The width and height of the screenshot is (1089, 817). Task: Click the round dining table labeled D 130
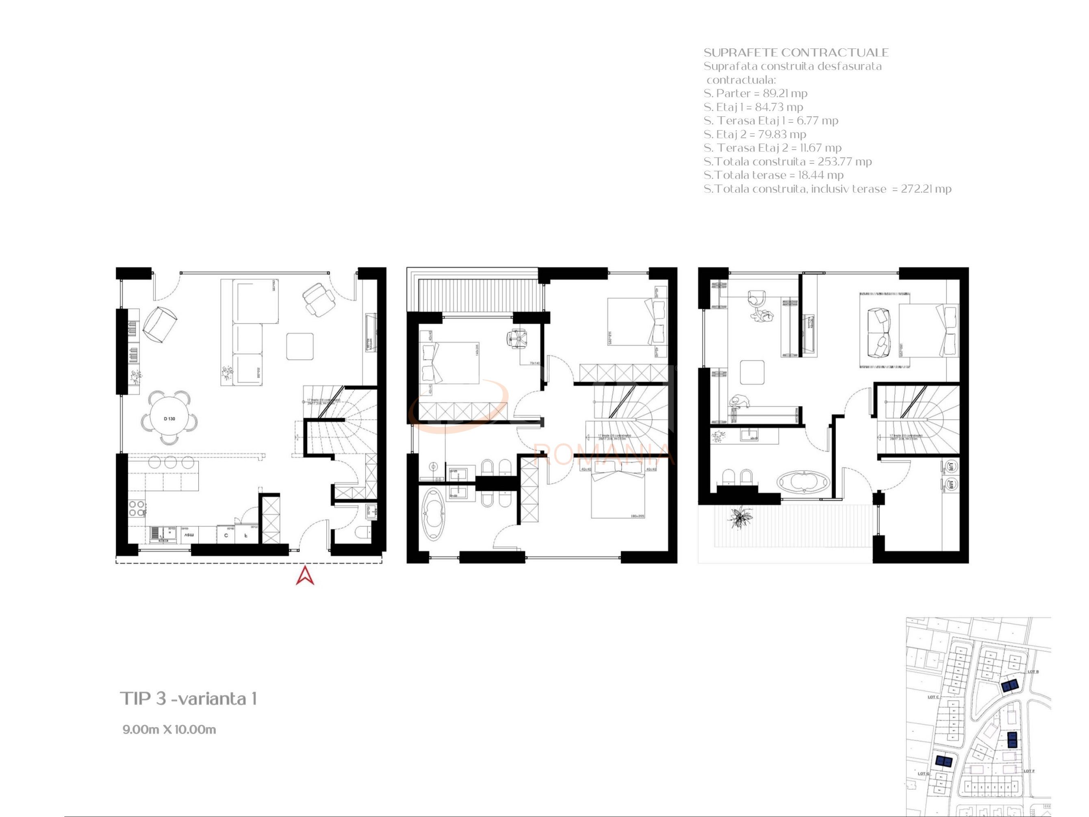coord(169,418)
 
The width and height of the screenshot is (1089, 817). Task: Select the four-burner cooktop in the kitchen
coord(137,508)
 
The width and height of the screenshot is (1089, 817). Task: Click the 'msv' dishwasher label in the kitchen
coord(189,535)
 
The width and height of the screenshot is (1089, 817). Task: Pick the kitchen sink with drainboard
coord(163,534)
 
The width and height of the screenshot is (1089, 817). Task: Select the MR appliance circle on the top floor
coord(951,484)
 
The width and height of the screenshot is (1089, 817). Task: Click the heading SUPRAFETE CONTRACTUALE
coord(796,53)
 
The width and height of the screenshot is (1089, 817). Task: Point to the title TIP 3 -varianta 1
coord(188,698)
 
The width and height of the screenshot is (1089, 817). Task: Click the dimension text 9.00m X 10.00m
coord(169,729)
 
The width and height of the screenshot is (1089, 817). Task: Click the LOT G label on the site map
coord(923,774)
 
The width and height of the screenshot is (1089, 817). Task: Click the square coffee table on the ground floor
coord(300,347)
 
